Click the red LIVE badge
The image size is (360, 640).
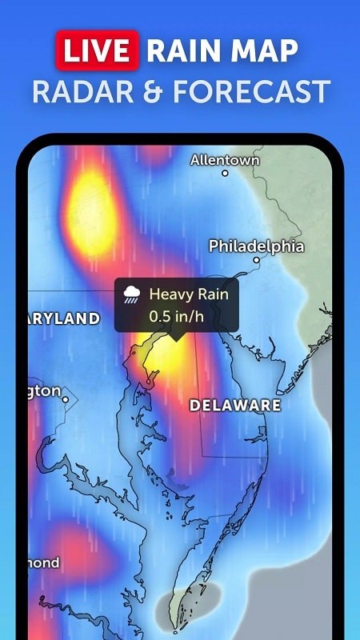[98, 50]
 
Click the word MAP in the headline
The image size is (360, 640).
[266, 50]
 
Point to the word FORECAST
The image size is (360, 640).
[253, 91]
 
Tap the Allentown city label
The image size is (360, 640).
[225, 160]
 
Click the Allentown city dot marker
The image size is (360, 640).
[225, 173]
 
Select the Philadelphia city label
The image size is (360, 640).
[256, 246]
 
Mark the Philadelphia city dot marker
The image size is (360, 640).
[257, 259]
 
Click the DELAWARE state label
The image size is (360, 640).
[234, 406]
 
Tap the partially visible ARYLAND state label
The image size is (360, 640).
[64, 318]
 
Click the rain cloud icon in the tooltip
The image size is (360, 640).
[133, 295]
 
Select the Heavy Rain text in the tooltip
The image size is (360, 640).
[188, 294]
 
